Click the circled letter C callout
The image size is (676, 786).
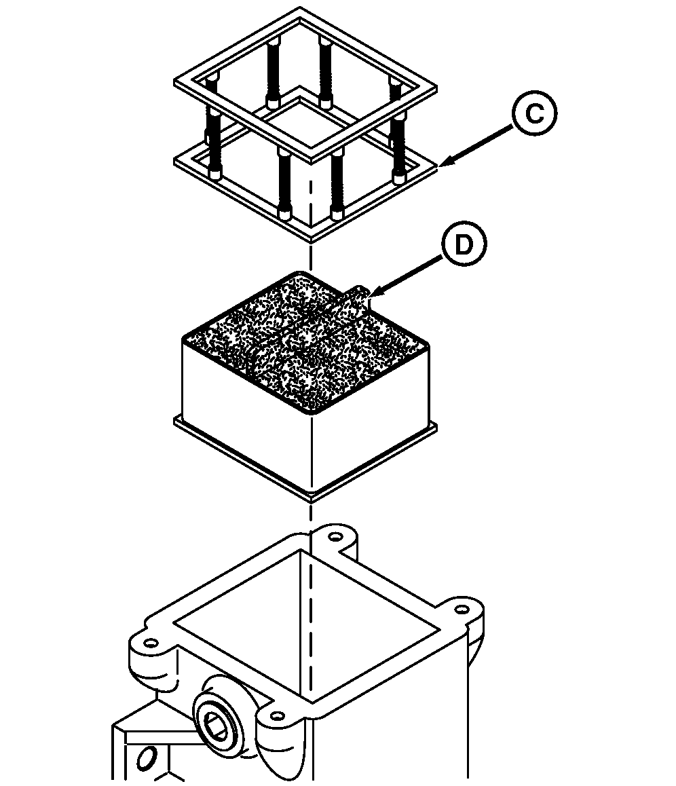(x=534, y=114)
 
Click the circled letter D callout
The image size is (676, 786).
(x=464, y=245)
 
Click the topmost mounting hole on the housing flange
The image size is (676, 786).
(x=335, y=538)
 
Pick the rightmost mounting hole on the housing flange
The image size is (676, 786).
(x=462, y=609)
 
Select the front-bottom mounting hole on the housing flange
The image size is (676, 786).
(x=277, y=715)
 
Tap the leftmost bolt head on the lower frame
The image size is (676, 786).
(x=215, y=174)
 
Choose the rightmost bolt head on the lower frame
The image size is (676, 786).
(x=399, y=179)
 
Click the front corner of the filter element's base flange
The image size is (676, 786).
(x=311, y=499)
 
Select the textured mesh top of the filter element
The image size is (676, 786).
(x=305, y=343)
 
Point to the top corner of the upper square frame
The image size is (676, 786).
(x=300, y=8)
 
